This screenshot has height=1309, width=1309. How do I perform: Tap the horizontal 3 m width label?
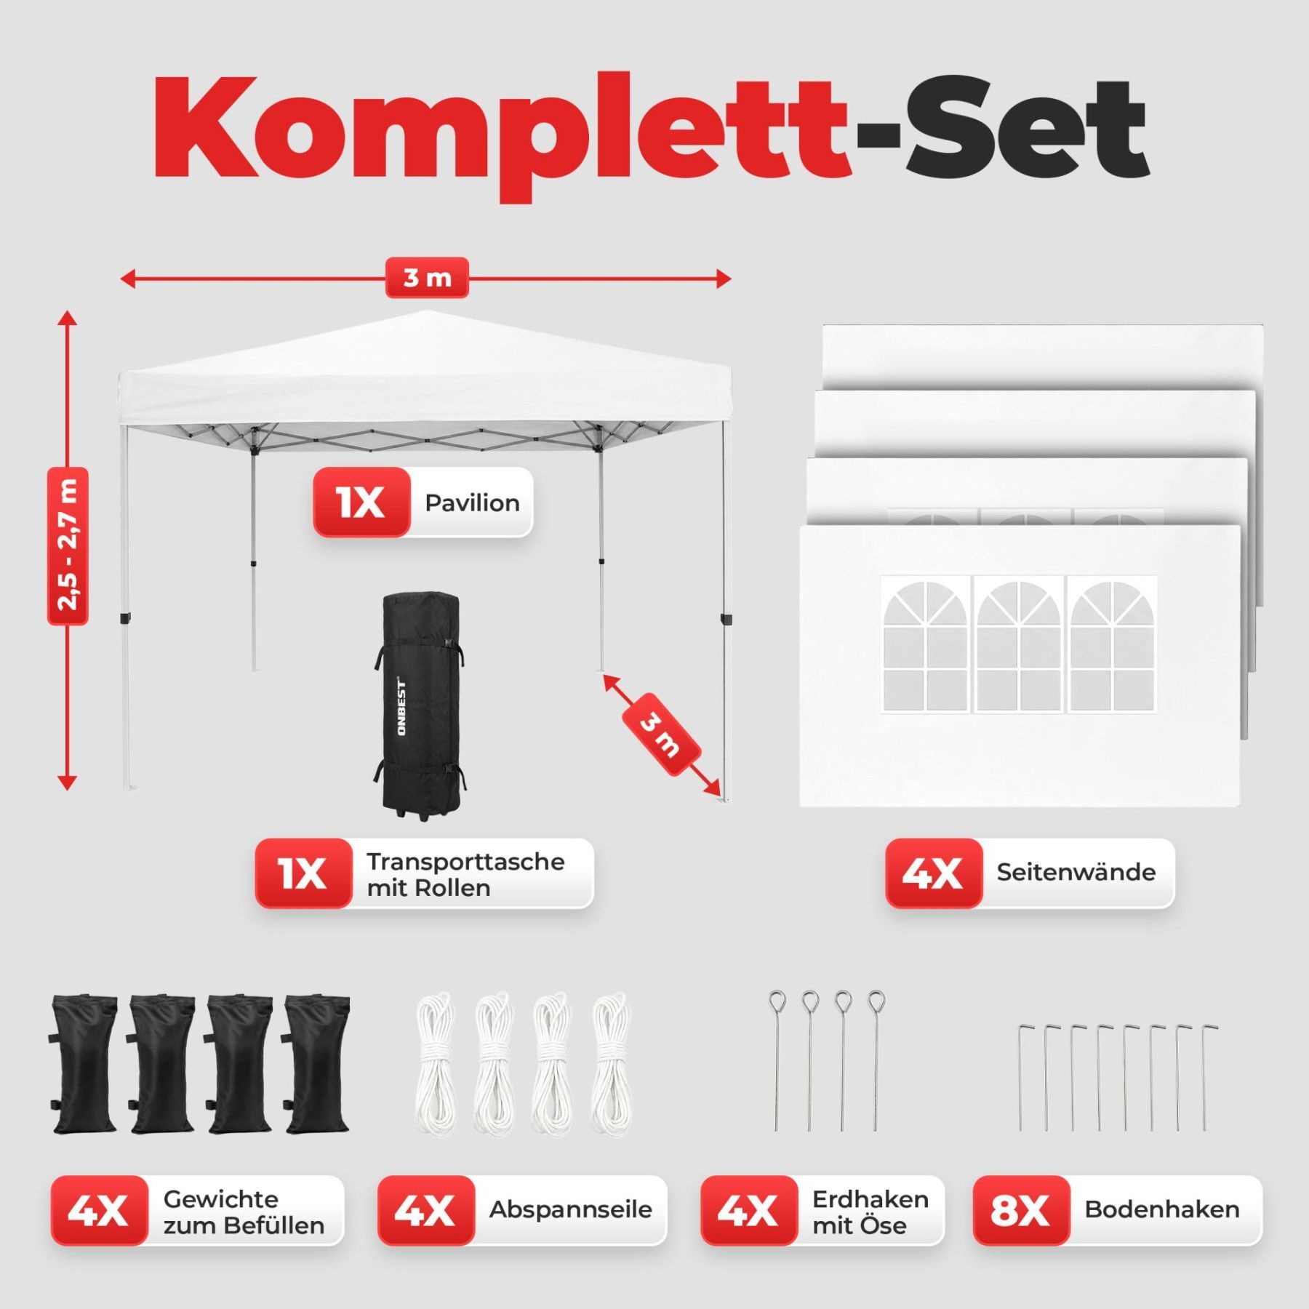427,278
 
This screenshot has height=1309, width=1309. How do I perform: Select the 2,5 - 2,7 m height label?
68,546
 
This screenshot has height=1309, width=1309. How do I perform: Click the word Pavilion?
472,503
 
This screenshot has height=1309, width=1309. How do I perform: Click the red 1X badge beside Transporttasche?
303,873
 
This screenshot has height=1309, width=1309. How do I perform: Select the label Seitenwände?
1076,872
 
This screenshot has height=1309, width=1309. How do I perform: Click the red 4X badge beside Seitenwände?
934,873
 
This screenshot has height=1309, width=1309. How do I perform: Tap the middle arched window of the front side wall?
1018,645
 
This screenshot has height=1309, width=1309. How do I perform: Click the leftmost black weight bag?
84,1064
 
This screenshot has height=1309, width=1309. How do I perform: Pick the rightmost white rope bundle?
611,1064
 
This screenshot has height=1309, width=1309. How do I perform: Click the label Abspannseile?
570,1209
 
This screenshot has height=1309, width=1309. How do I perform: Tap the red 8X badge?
1021,1210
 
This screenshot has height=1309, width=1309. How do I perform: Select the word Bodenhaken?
1162,1209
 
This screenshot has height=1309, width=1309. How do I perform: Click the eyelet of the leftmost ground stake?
777,1002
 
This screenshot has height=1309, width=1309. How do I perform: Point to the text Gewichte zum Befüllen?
244,1212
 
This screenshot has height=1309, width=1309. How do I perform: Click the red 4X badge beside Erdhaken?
749,1210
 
